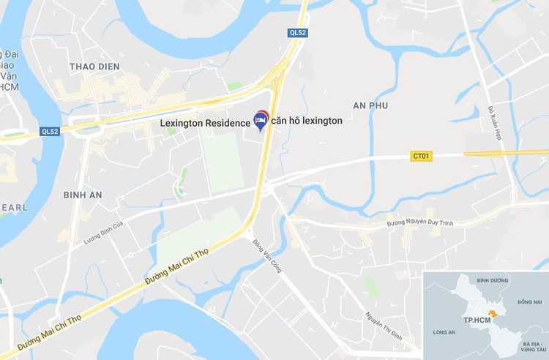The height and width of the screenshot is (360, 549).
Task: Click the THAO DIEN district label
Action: pos(94,67)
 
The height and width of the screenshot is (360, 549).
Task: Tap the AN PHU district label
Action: pos(370,105)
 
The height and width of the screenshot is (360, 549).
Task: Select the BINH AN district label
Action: pos(83,195)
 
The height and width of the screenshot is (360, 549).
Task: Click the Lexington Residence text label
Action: pos(205,123)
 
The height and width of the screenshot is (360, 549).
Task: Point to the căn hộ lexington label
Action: pos(307,121)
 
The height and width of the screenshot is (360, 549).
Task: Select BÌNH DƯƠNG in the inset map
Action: pos(492,280)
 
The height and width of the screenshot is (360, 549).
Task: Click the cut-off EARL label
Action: pos(12,208)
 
